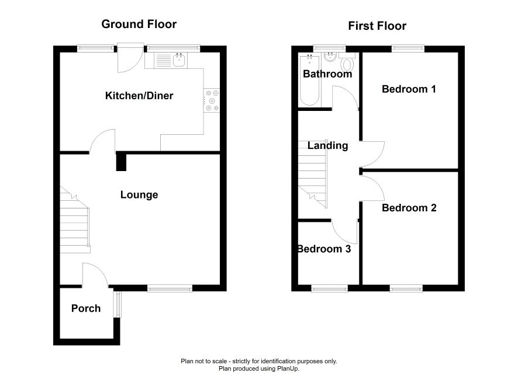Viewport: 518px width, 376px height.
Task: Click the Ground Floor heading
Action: click(139, 24)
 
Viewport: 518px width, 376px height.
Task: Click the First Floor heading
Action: click(377, 26)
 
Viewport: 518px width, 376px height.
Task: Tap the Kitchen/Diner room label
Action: click(139, 96)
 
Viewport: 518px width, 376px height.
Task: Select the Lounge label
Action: click(139, 194)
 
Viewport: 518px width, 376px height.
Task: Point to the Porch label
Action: click(86, 308)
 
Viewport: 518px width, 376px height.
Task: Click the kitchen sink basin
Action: click(179, 60)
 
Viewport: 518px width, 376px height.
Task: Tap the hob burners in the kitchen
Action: click(212, 100)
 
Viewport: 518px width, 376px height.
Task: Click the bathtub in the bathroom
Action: click(309, 81)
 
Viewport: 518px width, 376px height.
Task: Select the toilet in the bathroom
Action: click(347, 62)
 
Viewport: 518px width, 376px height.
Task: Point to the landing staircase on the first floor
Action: click(313, 174)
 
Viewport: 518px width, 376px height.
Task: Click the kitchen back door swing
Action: click(131, 57)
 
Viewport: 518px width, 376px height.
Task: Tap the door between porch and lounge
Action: click(95, 274)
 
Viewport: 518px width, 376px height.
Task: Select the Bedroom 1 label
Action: click(409, 89)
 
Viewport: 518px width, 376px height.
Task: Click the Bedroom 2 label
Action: click(409, 208)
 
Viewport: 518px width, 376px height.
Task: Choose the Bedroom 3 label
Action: click(324, 249)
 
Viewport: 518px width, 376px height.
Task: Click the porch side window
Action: click(118, 304)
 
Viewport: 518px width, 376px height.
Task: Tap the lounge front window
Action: click(170, 288)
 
